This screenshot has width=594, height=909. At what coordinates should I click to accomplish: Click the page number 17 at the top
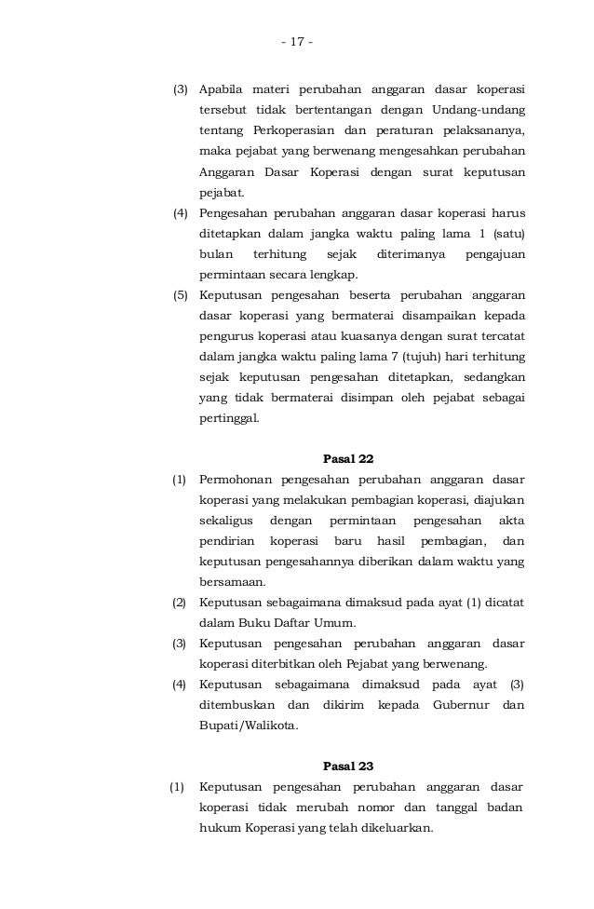(297, 42)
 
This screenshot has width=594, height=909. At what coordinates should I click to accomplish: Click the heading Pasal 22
(347, 458)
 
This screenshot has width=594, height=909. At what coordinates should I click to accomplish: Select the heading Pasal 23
(347, 767)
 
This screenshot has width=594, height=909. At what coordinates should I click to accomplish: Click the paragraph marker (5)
(182, 296)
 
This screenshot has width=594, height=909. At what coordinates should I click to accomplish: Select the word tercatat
(500, 336)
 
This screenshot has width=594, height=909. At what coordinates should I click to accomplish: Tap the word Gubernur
(461, 705)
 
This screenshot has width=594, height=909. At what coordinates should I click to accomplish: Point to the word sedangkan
(490, 377)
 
